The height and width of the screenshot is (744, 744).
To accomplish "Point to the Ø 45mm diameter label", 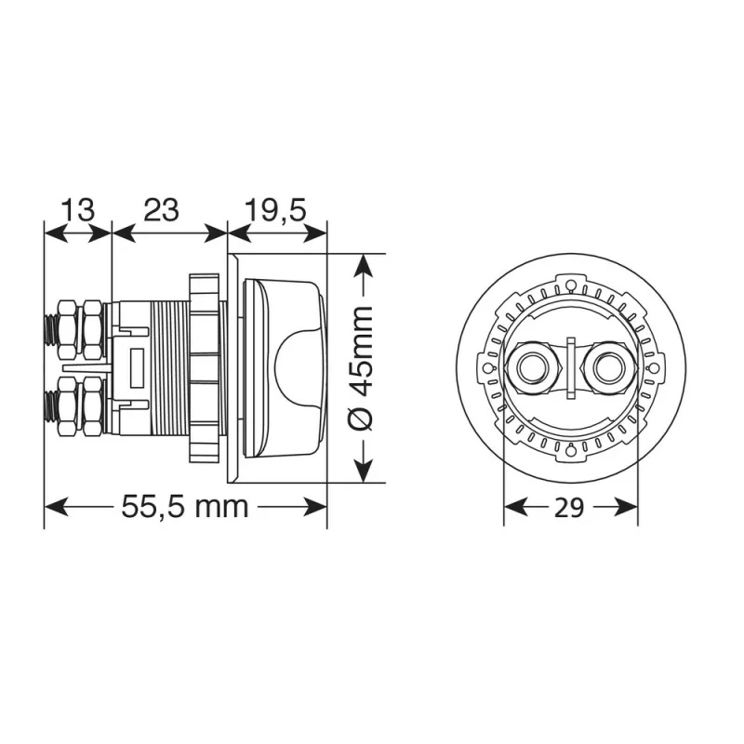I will coord(364,368).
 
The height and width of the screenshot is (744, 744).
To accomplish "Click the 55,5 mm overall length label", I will coord(185,508).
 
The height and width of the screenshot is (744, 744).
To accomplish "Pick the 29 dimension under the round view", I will coord(571,508).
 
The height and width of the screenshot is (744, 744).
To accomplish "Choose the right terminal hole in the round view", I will coord(606,365).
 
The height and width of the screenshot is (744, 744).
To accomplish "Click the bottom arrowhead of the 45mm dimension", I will coord(364,471).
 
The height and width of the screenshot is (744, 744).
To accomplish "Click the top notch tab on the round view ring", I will coord(571,276).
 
